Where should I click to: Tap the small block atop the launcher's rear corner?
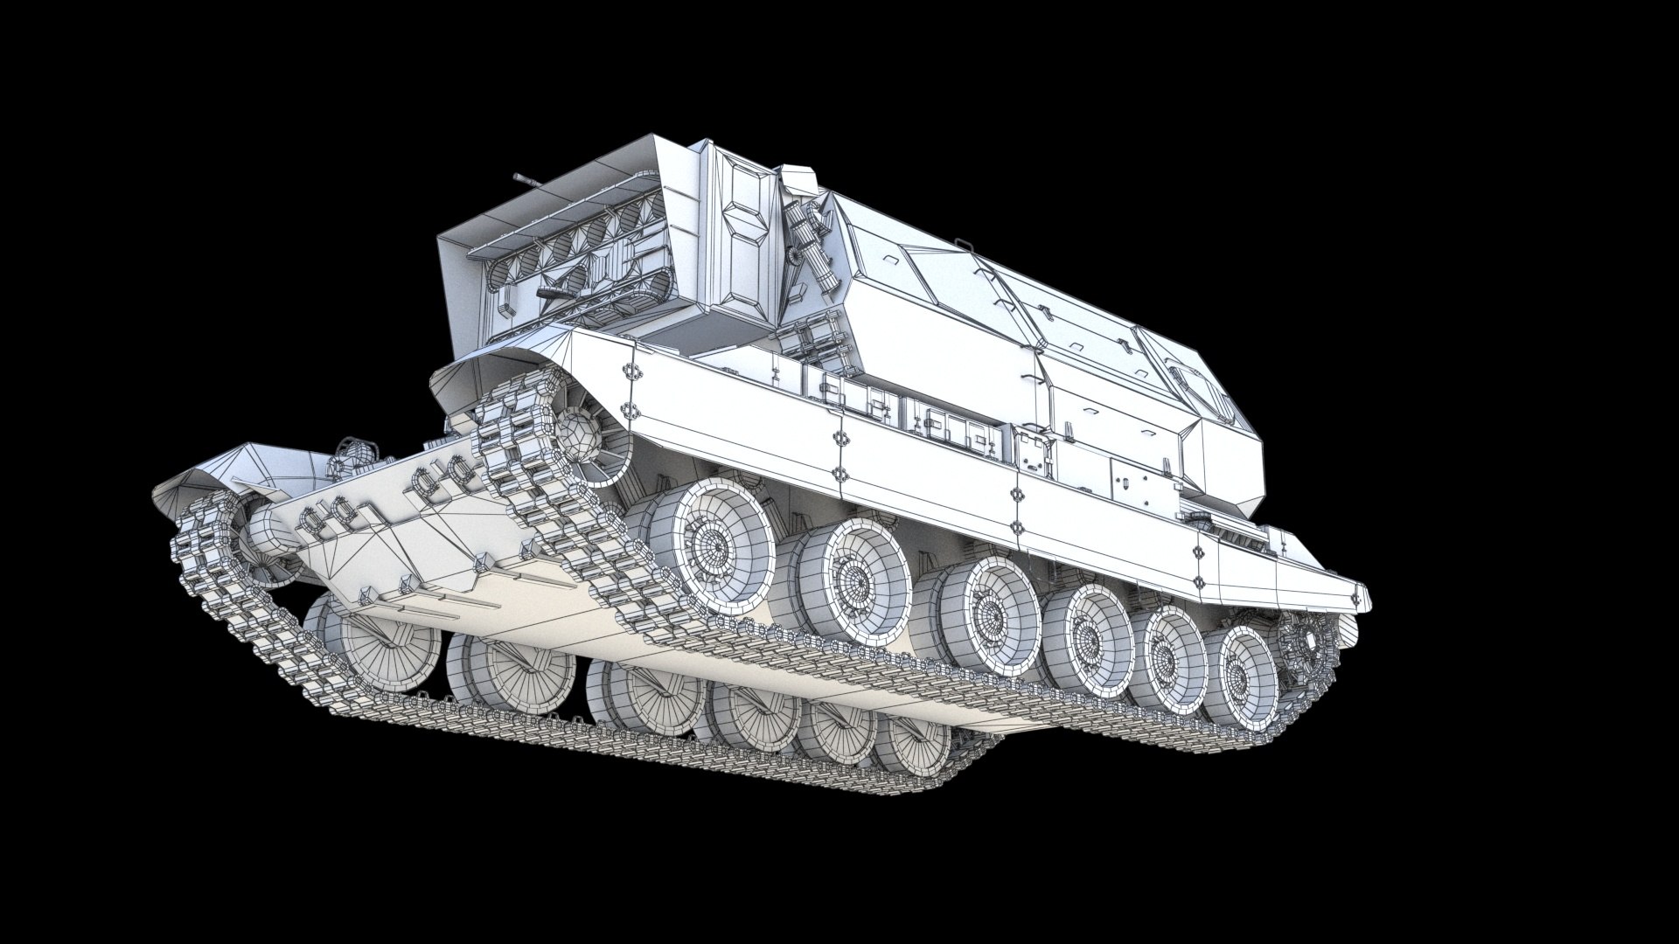(x=796, y=180)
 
